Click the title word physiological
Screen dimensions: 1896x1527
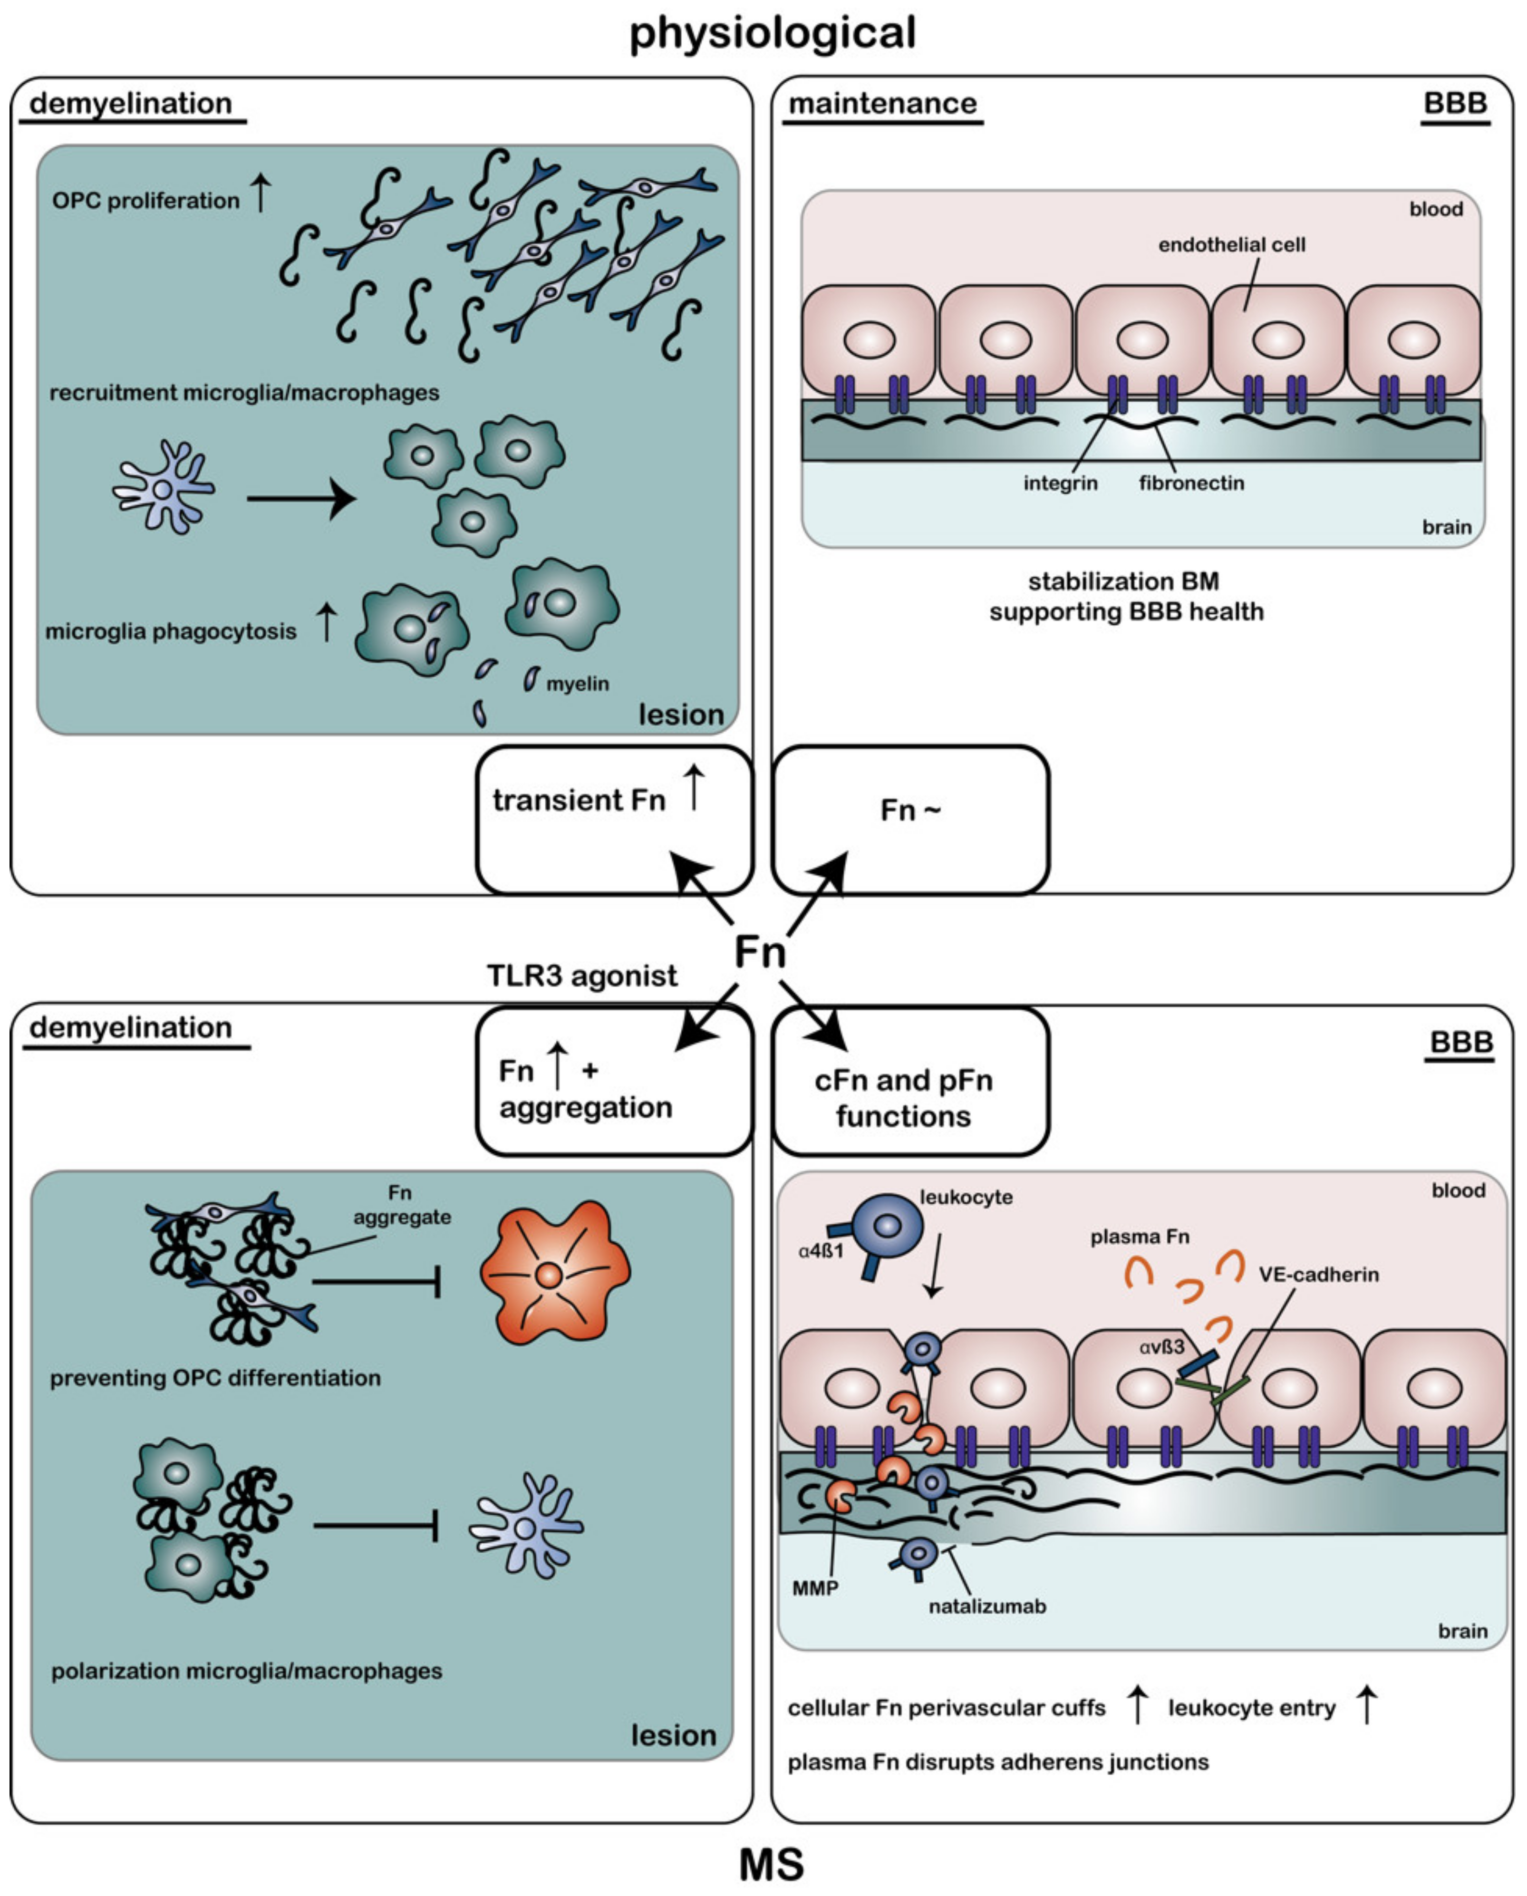point(773,33)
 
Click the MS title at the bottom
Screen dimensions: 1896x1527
point(771,1864)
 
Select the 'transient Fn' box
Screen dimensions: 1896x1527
point(614,820)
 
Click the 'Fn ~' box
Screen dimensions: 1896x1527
point(910,820)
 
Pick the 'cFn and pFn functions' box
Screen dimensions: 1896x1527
point(910,1082)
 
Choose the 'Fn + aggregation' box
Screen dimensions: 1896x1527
point(614,1082)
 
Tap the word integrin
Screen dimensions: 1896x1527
point(1060,483)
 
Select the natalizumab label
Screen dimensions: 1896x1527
point(987,1606)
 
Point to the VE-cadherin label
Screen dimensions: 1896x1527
point(1318,1274)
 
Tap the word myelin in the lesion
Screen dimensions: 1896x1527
point(577,683)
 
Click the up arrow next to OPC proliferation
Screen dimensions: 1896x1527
point(261,193)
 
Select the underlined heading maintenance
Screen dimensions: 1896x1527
point(882,104)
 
